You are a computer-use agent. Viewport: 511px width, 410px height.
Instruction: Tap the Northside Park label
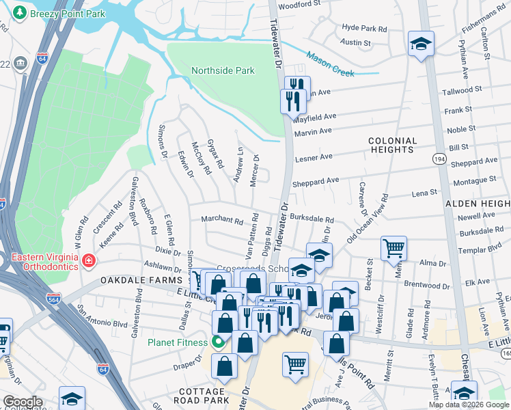click(223, 70)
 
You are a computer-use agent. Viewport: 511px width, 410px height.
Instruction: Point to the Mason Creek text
click(333, 61)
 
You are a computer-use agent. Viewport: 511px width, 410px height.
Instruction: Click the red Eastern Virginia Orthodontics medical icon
click(88, 261)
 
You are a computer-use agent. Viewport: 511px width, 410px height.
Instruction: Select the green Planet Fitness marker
click(218, 342)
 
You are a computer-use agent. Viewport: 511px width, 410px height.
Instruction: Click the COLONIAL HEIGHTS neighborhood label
click(391, 144)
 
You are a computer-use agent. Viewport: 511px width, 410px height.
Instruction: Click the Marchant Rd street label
click(222, 220)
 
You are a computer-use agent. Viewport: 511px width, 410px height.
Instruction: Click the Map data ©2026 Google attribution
click(468, 405)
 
